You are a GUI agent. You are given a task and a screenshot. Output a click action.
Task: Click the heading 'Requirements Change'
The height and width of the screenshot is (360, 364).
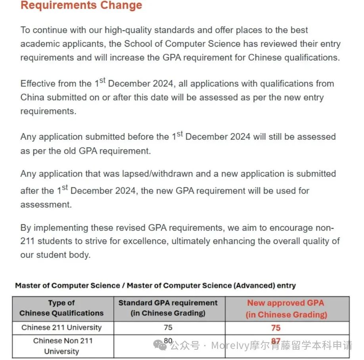[x=81, y=6]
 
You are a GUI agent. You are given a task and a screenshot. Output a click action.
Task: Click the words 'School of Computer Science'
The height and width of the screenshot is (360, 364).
[x=182, y=44]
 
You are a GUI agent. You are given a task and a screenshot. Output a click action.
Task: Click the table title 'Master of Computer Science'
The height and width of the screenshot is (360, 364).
[x=69, y=285]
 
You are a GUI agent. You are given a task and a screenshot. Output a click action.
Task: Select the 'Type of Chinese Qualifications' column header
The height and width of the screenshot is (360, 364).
[x=61, y=308]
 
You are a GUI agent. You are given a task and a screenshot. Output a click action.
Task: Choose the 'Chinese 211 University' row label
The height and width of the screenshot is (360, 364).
[x=61, y=328]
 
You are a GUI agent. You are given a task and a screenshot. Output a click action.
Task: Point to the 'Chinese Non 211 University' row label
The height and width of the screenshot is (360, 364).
[x=61, y=346]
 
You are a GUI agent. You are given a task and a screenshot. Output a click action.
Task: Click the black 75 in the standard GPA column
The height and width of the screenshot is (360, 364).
[x=168, y=328]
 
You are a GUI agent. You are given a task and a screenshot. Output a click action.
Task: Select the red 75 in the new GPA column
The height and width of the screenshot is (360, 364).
[x=276, y=328]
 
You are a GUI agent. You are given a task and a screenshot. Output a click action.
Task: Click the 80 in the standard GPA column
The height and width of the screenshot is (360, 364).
[x=168, y=340]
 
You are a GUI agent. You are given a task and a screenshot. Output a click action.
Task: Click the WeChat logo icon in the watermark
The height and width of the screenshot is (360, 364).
[x=161, y=345]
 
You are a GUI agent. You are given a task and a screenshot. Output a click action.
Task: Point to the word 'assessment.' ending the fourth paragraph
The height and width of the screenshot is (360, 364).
[x=46, y=204]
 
